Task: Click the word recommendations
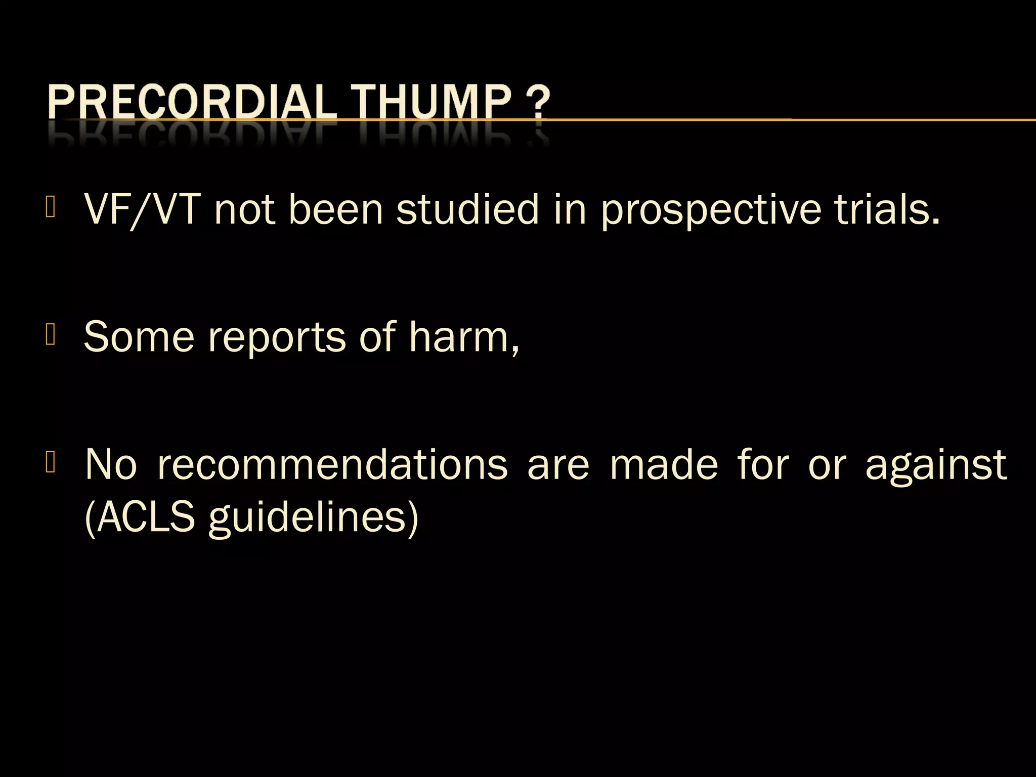(332, 464)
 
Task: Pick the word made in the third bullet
(664, 464)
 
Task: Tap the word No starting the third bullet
(111, 464)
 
